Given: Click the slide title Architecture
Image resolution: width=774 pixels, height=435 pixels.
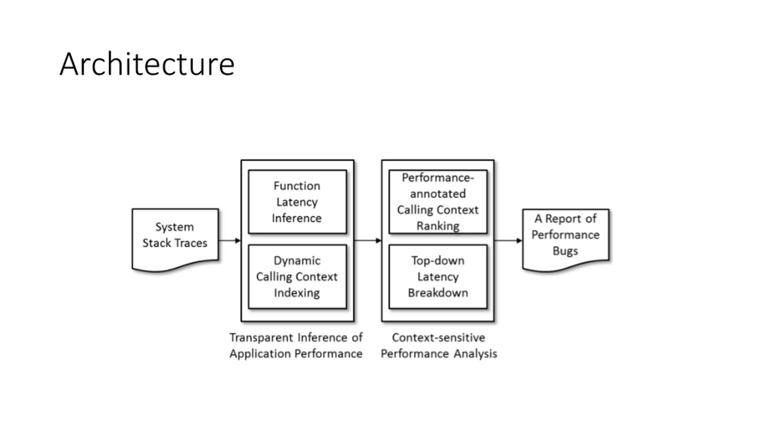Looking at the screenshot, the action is click(147, 64).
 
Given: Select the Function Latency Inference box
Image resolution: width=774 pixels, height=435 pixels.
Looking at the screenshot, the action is click(298, 202).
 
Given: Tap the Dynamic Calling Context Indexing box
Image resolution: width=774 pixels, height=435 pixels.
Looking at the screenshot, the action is click(298, 277).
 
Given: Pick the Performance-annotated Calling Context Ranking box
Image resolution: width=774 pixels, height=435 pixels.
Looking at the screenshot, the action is click(438, 202).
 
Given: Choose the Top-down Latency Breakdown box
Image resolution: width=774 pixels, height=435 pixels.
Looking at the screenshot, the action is click(438, 277).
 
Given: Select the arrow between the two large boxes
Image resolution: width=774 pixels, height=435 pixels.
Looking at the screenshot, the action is click(368, 240).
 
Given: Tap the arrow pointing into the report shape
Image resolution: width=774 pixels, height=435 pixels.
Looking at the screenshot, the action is click(509, 240).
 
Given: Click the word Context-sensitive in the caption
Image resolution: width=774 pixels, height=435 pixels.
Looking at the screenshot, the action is click(439, 337).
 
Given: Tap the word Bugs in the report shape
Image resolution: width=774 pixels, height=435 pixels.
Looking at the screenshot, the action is click(565, 251).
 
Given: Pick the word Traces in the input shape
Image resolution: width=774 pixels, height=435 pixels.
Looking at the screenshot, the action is click(190, 243).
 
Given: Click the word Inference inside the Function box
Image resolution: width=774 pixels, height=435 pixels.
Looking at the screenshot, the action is click(297, 218).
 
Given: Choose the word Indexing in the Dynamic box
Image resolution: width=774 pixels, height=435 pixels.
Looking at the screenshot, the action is click(297, 293).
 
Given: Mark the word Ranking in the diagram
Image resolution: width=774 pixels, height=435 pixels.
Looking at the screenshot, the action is click(438, 226).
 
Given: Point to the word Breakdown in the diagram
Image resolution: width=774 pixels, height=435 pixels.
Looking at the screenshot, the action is click(438, 293).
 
